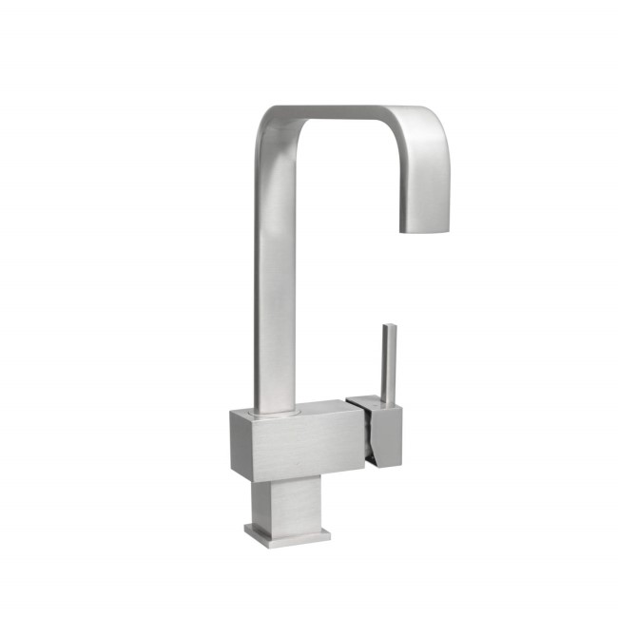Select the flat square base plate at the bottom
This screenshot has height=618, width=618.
point(286,532)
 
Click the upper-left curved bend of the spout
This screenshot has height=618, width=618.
point(271,124)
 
